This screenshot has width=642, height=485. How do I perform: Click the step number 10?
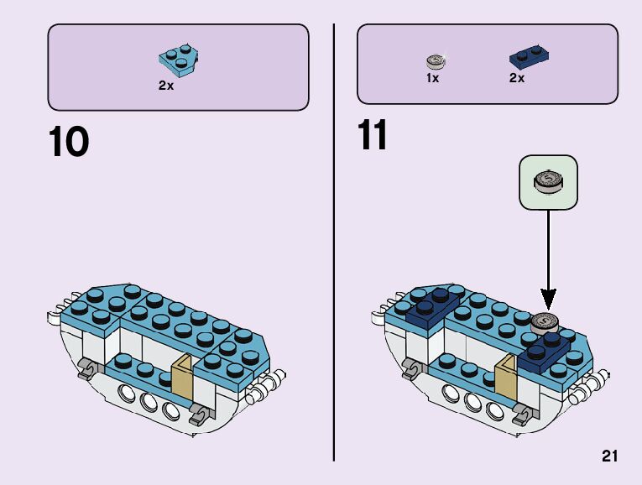69,142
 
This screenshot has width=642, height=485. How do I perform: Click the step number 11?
373,136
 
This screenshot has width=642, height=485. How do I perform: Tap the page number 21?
609,456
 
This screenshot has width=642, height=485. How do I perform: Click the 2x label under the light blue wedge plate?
166,86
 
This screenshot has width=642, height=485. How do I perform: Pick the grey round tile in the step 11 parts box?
436,60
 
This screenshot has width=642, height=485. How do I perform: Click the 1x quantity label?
432,79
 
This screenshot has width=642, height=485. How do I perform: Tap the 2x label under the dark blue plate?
516,79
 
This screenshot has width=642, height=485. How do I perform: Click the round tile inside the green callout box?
548,180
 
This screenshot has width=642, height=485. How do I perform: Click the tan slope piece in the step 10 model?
183,378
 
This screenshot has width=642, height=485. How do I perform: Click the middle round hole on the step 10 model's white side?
149,403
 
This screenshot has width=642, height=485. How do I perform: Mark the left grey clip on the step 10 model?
85,368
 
